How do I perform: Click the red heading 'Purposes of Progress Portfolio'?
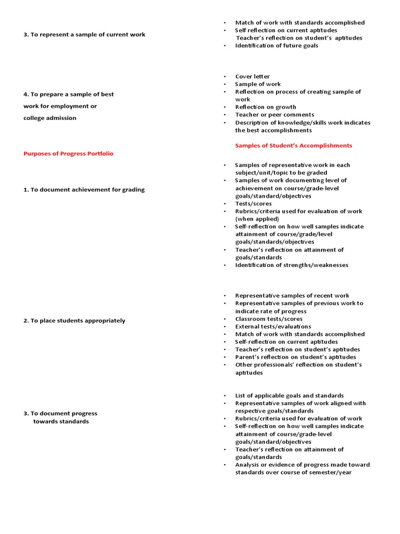pos(68,154)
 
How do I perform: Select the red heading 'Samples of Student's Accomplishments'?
pos(293,145)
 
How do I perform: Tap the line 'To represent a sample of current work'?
pos(84,34)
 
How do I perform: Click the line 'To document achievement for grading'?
pos(84,190)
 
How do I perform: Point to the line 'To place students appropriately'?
pos(74,321)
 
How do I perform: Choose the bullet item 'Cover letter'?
pos(252,77)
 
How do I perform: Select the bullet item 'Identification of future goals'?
pos(277,46)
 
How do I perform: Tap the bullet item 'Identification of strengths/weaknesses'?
pos(292,265)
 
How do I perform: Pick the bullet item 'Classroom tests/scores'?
pos(268,319)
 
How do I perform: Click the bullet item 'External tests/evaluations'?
pos(273,326)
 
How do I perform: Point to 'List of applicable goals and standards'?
pos(289,396)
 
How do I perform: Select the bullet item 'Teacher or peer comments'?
pos(274,115)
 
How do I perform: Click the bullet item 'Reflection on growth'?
pos(266,107)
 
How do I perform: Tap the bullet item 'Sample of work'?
pos(257,84)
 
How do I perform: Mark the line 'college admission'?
pos(50,118)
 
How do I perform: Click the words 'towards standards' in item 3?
pos(61,421)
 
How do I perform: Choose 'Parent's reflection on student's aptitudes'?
pos(295,357)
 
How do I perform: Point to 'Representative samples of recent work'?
pos(292,296)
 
